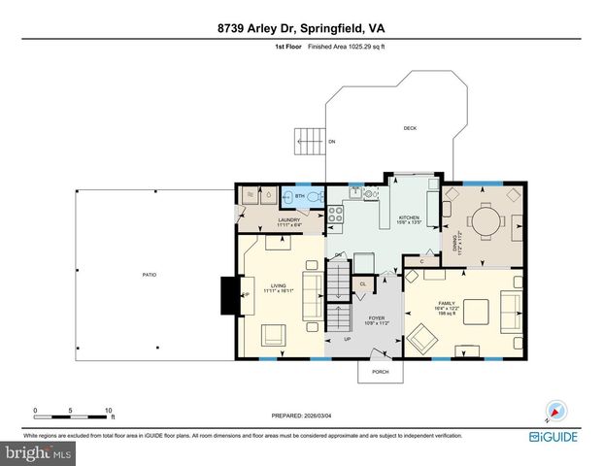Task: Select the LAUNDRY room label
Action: click(288, 220)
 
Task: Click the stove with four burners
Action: click(335, 214)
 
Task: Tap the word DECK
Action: click(410, 128)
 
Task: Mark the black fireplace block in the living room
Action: click(230, 294)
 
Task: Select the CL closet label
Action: click(362, 283)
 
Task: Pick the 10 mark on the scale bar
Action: click(109, 410)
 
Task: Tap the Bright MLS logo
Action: click(37, 452)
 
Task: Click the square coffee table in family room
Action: click(476, 311)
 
